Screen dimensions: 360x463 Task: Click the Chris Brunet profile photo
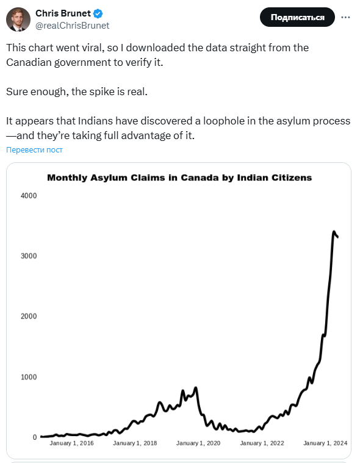click(x=18, y=20)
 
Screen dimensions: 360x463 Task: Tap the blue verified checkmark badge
click(x=98, y=13)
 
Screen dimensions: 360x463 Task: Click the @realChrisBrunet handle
click(x=73, y=26)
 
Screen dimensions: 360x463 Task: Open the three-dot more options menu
click(x=345, y=18)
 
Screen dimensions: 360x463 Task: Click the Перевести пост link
click(x=34, y=150)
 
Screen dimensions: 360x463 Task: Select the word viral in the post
click(x=93, y=48)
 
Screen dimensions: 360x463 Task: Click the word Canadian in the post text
click(x=29, y=62)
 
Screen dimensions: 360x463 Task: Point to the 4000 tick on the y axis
click(x=29, y=195)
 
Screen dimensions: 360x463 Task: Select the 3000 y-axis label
click(x=29, y=256)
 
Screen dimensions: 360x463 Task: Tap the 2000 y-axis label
click(x=29, y=316)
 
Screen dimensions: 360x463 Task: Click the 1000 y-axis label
click(x=29, y=377)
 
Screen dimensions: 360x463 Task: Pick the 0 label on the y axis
click(x=35, y=437)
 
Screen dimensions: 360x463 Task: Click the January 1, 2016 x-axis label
click(x=71, y=443)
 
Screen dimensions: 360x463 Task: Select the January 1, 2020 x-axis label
click(x=198, y=443)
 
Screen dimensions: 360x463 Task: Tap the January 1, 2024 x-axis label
click(x=325, y=443)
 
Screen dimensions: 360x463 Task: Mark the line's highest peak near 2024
click(x=334, y=232)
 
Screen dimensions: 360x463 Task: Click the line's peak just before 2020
click(x=195, y=388)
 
